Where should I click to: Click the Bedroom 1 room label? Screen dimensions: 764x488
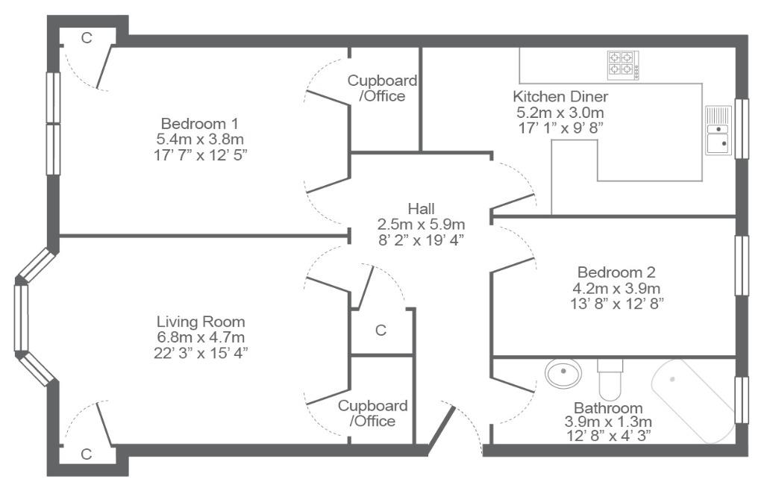(199, 123)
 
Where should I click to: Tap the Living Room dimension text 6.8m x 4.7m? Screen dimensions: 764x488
(200, 337)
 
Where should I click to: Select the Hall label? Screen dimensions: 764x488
(421, 209)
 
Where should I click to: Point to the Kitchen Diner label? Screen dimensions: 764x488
(560, 96)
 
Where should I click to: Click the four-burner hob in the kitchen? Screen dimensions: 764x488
(623, 66)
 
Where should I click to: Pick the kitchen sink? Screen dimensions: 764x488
(718, 130)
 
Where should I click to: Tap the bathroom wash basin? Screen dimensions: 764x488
(564, 373)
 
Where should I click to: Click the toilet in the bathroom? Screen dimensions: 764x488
(610, 379)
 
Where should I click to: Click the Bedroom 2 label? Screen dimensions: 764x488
(616, 272)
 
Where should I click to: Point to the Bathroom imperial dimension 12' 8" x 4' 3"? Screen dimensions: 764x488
(609, 435)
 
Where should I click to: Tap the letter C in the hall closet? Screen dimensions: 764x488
(381, 331)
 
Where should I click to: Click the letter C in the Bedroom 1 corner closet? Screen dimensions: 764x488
(87, 37)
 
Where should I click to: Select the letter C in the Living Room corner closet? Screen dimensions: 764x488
(87, 454)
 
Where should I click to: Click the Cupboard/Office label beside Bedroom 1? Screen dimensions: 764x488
(383, 88)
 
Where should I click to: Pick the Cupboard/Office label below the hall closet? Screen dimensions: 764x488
(373, 413)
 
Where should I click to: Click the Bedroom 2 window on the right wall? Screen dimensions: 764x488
(741, 266)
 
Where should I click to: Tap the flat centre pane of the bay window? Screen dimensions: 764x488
(21, 319)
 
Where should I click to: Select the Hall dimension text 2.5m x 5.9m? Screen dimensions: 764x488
(421, 225)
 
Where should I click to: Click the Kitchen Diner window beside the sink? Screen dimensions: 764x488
(741, 128)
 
